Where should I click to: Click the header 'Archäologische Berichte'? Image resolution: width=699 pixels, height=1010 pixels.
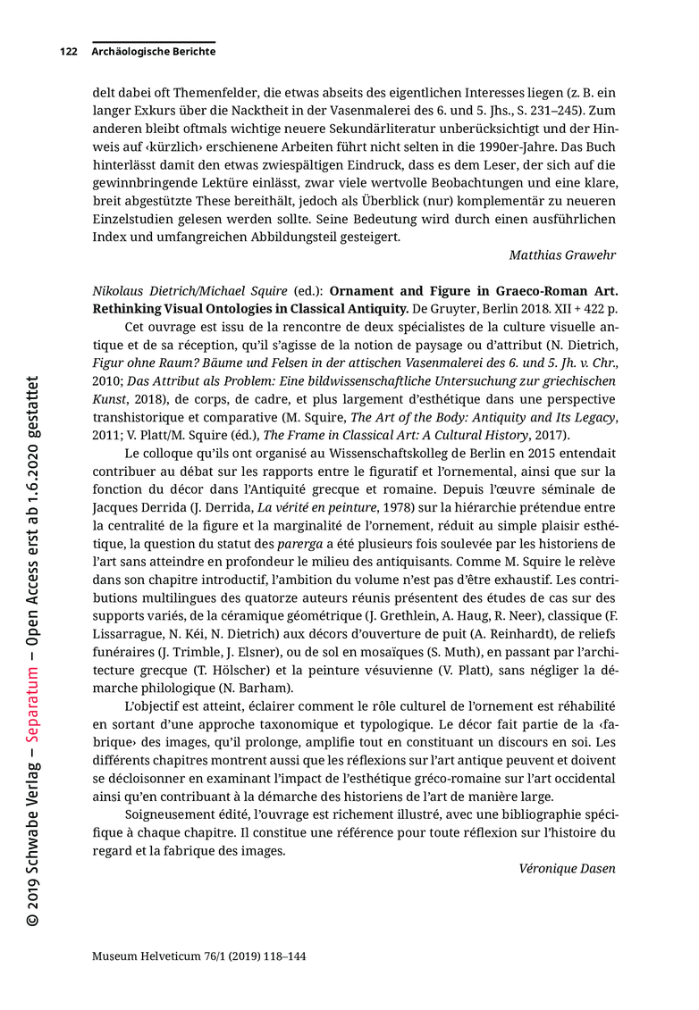click(153, 52)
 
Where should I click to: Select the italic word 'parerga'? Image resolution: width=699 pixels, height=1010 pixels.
click(299, 544)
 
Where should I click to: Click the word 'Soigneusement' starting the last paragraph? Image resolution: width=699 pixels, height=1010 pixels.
click(173, 814)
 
